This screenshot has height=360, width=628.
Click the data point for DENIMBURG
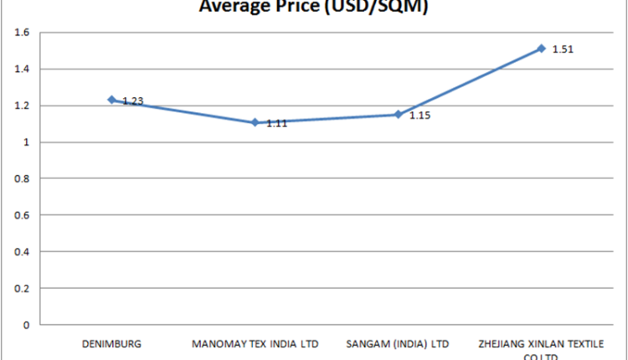tap(111, 100)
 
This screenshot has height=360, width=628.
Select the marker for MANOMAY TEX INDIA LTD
tap(255, 122)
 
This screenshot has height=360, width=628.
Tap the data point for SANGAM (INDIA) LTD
tap(399, 114)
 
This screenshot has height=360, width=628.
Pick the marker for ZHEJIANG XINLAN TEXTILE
tap(542, 49)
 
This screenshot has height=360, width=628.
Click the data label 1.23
tap(133, 101)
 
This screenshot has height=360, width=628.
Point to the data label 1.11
tap(277, 123)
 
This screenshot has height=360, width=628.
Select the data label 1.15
tap(420, 115)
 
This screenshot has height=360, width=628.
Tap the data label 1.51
tap(563, 49)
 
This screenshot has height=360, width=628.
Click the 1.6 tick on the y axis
tap(23, 33)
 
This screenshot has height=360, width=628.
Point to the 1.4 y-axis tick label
tap(23, 69)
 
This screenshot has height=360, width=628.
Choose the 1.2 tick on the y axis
tap(23, 105)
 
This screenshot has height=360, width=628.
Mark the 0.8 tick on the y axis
tap(23, 178)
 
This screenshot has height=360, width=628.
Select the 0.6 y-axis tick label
tap(23, 215)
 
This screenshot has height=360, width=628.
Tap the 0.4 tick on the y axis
tap(23, 251)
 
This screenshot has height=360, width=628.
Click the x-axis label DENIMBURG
tap(111, 343)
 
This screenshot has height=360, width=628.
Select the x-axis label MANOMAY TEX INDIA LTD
tap(255, 343)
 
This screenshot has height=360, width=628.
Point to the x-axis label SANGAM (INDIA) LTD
tap(399, 343)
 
